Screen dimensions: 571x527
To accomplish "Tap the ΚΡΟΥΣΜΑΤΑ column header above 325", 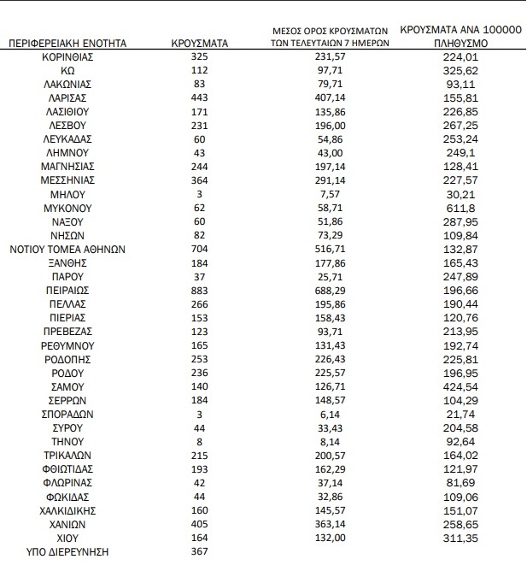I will pos(198,41).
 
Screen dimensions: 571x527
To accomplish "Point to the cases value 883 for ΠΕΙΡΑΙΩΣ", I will pos(198,291).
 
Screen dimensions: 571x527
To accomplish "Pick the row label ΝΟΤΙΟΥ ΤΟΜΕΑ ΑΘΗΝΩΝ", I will pos(67,249).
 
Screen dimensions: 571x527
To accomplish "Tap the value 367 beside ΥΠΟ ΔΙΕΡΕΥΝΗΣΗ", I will pos(198,551).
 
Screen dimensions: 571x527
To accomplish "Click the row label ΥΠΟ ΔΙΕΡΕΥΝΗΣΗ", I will pos(67,551).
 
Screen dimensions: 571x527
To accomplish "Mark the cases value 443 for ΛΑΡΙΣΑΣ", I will pos(198,97).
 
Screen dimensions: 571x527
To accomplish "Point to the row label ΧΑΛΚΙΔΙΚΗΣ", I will pos(67,510).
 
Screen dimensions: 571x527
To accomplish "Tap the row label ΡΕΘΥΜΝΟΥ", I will pos(67,345).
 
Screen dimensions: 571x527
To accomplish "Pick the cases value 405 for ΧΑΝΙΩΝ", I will pos(198,524).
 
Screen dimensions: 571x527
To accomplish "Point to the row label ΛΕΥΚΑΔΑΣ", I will pos(67,138).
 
